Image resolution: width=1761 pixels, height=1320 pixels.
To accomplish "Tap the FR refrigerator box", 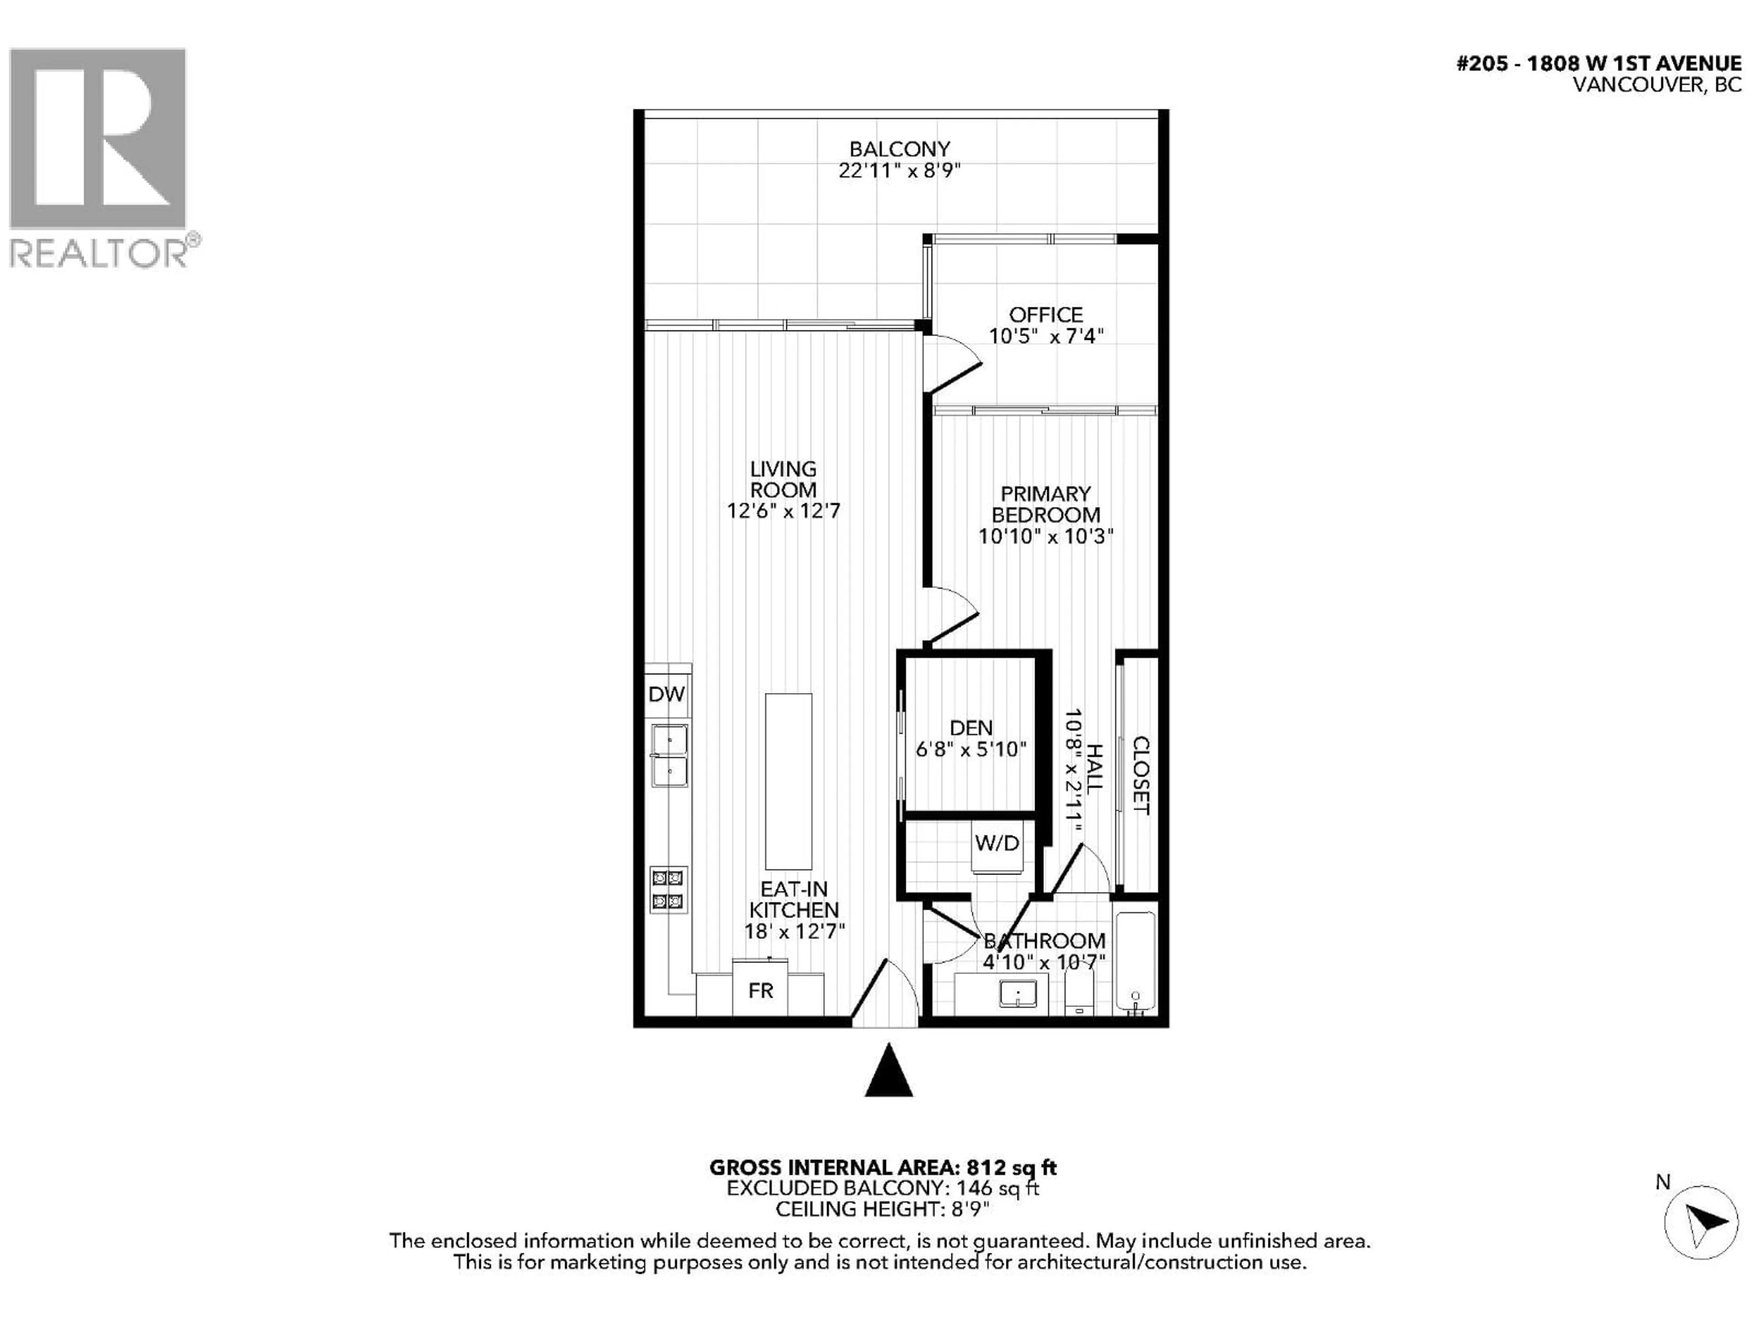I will click(x=760, y=990).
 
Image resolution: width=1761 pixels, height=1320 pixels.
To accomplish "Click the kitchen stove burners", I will click(x=667, y=890).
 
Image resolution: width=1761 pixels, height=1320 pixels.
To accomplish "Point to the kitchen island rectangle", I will click(x=788, y=781).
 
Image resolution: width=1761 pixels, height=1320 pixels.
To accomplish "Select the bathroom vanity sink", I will click(x=1018, y=994).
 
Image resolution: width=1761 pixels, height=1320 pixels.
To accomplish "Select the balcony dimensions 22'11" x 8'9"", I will click(x=900, y=170).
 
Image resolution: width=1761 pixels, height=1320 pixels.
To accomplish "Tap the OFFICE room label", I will click(x=1045, y=314).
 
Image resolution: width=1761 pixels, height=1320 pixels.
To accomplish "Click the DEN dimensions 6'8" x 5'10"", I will click(x=970, y=749).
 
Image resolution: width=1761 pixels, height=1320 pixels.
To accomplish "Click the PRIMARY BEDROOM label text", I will click(x=1045, y=505).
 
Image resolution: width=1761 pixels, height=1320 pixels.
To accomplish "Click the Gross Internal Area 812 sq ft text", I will click(x=883, y=1167).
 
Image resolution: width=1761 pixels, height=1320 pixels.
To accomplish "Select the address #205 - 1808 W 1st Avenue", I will click(x=1599, y=64).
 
